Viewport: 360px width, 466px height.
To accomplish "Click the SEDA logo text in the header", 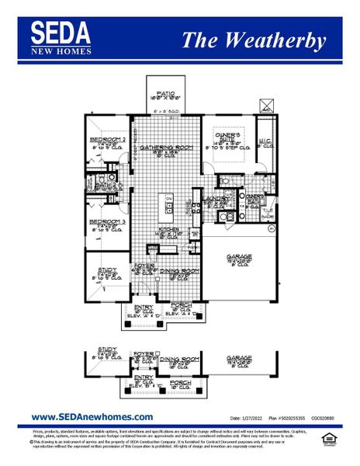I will click(61, 32).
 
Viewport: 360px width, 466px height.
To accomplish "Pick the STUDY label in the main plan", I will click(107, 270).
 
